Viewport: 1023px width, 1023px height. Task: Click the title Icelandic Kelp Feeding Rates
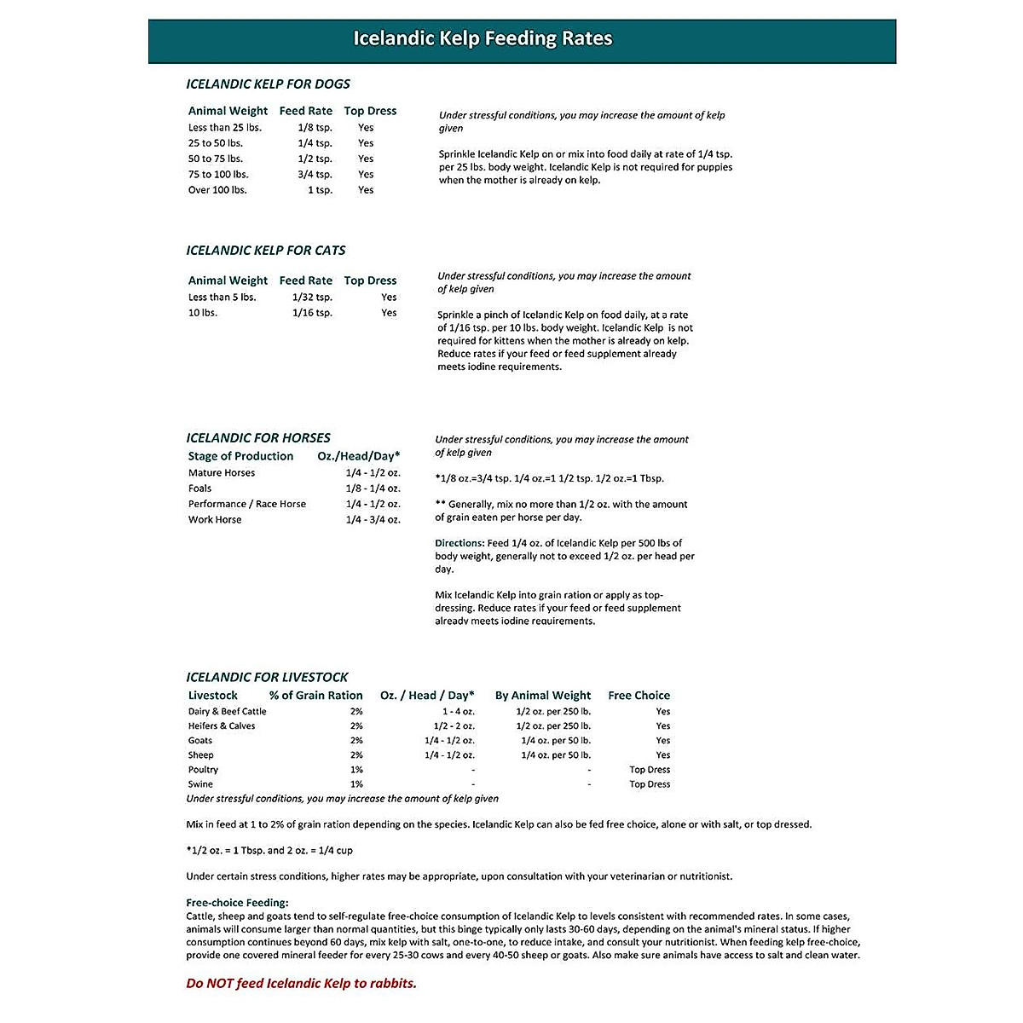point(483,39)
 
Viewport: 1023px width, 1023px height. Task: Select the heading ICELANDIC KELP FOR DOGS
point(268,84)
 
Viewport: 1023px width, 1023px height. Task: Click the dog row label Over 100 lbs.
point(217,190)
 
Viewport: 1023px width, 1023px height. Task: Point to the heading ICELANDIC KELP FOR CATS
point(266,251)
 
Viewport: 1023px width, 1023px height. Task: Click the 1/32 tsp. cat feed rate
point(312,298)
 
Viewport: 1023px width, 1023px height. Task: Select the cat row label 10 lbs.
point(203,313)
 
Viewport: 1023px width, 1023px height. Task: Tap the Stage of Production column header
point(240,456)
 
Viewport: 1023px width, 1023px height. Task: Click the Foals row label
point(200,488)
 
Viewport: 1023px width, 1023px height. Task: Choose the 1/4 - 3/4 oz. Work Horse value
point(373,520)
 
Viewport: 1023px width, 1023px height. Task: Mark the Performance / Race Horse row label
point(247,504)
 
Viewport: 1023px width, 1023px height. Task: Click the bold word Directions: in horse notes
point(459,543)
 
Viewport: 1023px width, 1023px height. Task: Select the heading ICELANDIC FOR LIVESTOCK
point(267,678)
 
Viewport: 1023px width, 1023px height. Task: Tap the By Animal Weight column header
point(542,696)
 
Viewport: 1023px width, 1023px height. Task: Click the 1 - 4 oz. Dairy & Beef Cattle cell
point(458,712)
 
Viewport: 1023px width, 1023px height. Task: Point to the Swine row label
point(201,784)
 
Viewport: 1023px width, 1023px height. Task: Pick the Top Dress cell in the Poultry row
point(650,770)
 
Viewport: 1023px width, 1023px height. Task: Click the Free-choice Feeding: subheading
point(237,903)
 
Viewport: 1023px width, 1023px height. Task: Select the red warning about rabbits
point(301,984)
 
